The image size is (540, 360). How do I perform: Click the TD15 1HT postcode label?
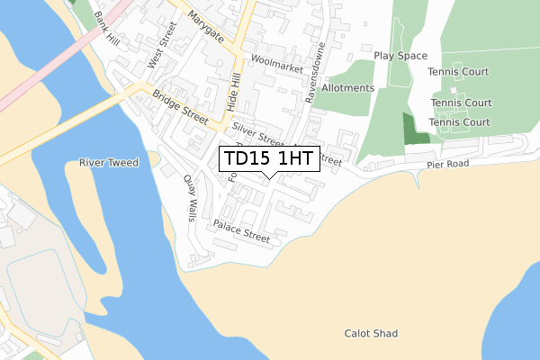pos(268,159)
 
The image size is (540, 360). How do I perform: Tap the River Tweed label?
pos(105,163)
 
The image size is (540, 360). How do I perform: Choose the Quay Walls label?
pos(191,198)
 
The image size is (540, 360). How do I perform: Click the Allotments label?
pos(347,88)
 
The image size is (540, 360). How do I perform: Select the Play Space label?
pos(400,56)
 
